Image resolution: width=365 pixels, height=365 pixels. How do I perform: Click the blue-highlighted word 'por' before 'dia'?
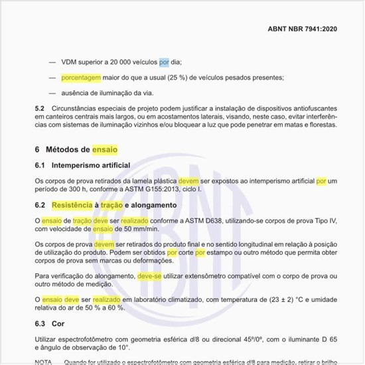[x=164, y=62]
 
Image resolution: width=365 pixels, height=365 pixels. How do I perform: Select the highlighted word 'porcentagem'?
[x=81, y=78]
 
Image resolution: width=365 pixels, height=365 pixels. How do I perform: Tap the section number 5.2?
[x=39, y=108]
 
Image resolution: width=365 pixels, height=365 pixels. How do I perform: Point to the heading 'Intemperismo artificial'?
[x=91, y=165]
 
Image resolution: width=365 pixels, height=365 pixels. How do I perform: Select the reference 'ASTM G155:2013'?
[x=146, y=189]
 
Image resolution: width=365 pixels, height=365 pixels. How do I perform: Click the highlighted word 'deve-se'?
[x=150, y=275]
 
